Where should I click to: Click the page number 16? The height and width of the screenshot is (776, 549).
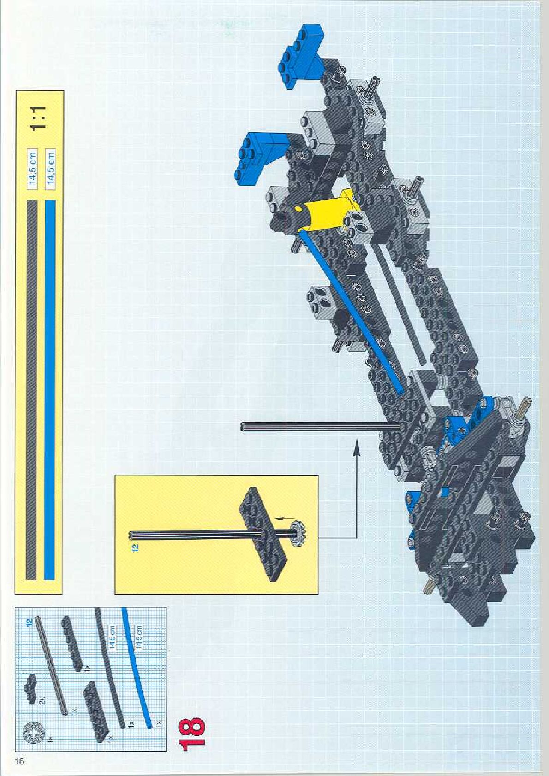click(19, 761)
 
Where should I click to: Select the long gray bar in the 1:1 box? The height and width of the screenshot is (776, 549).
click(31, 389)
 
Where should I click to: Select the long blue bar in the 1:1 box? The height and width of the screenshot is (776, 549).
click(50, 389)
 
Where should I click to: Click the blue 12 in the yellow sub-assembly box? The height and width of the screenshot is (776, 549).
click(135, 547)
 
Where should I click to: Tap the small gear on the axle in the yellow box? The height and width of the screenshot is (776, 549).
click(299, 535)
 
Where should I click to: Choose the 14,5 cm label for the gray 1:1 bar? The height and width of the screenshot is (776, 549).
click(32, 168)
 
